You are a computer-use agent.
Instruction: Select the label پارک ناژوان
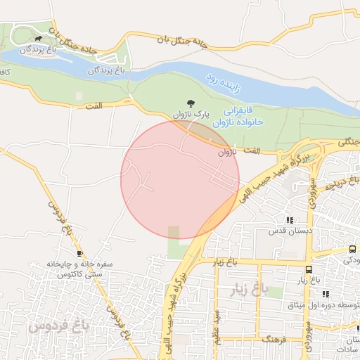point(191,114)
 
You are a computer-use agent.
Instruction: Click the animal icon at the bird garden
point(37,39)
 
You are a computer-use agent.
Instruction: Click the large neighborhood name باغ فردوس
point(58,326)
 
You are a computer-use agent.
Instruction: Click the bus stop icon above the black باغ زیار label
point(309,269)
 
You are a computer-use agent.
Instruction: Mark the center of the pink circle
point(180,179)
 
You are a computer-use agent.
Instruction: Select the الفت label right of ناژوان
point(250,151)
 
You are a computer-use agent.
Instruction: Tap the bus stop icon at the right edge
point(352,250)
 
